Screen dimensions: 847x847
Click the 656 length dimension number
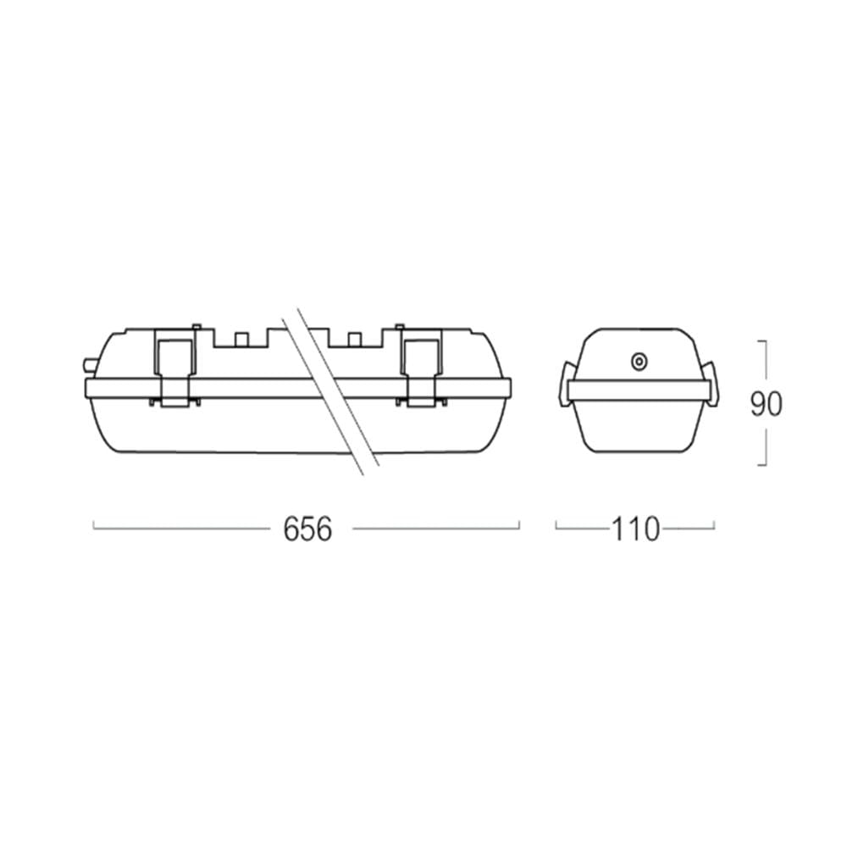pos(307,529)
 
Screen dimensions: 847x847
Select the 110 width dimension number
pos(635,529)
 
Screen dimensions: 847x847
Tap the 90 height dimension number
pos(766,403)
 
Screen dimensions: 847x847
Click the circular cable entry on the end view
pos(639,362)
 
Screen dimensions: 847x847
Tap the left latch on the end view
pos(564,384)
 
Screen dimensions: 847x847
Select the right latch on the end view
pos(711,384)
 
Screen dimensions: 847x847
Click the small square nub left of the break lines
pos(241,340)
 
